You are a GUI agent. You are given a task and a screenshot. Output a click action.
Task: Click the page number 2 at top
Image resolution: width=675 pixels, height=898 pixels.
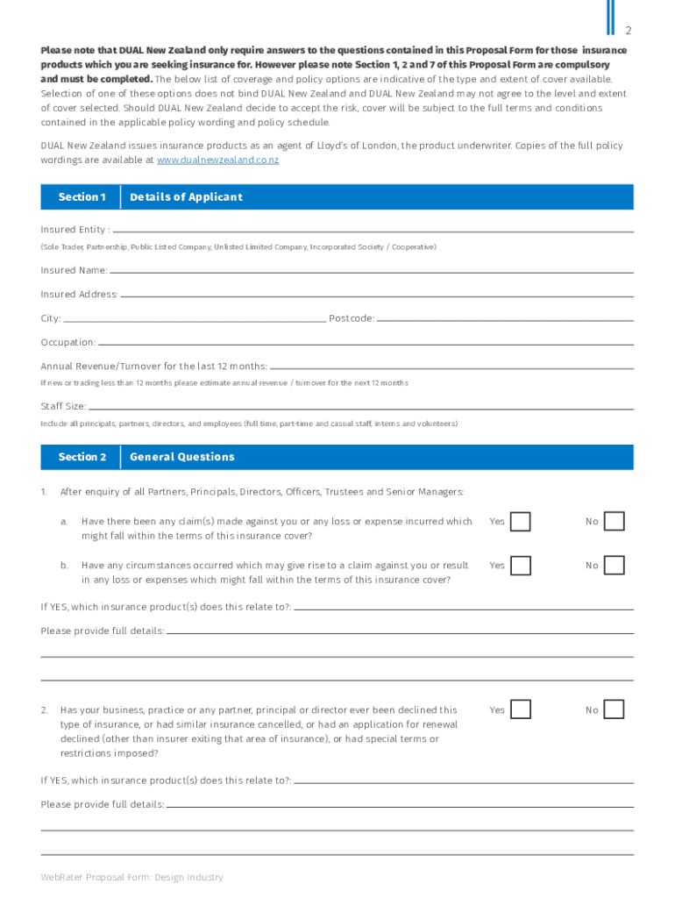pos(628,32)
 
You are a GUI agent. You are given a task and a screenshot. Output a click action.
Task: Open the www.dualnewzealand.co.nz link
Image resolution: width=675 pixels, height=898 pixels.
pos(217,160)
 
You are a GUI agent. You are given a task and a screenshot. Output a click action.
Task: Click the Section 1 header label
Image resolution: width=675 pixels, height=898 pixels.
pos(82,197)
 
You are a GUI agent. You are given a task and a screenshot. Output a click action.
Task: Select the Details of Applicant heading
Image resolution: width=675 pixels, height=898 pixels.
pos(186,197)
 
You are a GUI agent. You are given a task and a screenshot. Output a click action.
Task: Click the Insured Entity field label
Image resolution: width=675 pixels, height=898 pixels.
pos(75,230)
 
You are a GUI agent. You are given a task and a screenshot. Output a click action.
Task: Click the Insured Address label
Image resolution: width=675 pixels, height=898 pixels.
pos(79,295)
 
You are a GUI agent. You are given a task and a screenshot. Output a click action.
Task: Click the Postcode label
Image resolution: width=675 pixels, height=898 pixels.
pos(352,318)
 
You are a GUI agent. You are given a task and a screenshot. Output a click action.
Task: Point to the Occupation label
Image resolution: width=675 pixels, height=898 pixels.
pos(68,342)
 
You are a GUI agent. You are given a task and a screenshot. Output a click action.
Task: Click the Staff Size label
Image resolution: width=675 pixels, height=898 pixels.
pos(63,407)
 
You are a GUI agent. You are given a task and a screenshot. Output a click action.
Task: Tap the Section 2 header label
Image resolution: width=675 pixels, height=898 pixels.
pos(82,457)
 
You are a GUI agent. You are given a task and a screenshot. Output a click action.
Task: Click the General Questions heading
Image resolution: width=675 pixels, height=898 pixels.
pos(182,457)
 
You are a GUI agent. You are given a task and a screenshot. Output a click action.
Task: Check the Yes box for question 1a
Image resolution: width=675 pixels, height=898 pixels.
pos(521,522)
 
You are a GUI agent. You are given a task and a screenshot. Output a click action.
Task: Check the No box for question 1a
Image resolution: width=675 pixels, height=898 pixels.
pos(615,522)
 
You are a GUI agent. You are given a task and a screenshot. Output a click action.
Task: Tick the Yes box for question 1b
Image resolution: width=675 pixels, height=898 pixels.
pos(521,566)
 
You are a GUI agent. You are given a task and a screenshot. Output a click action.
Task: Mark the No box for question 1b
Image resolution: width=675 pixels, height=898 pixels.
pos(615,566)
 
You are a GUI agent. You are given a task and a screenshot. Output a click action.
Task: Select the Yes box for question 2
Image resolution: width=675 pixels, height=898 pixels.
pos(521,709)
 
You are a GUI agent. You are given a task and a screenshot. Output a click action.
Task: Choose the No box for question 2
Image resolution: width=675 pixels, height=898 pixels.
pos(615,709)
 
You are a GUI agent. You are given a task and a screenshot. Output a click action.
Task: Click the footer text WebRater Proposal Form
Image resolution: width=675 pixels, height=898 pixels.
pos(131,877)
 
